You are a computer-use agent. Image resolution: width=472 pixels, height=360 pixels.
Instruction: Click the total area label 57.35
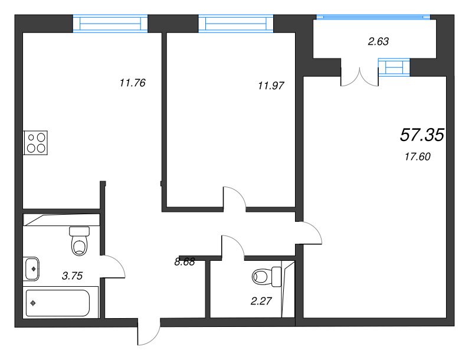[x=421, y=135]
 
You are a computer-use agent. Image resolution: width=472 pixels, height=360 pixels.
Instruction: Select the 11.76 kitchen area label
[x=132, y=83]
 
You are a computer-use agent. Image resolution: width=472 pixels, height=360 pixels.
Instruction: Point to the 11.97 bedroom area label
[x=271, y=85]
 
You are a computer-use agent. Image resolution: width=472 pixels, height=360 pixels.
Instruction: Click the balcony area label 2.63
[x=379, y=41]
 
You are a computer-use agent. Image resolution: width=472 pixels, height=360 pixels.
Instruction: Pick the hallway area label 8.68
[x=185, y=262]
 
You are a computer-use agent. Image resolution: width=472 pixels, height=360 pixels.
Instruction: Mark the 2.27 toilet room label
[x=261, y=302]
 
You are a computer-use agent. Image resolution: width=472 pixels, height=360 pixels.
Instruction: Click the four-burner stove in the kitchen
[x=35, y=142]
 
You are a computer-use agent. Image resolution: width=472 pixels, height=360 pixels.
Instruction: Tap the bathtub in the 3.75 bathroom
[x=57, y=303]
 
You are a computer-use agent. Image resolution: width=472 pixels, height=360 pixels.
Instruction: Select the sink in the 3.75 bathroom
[x=32, y=269]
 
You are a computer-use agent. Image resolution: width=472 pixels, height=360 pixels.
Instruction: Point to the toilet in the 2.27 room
[x=265, y=275]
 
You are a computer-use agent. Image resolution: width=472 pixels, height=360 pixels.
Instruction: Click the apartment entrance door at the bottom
[x=148, y=334]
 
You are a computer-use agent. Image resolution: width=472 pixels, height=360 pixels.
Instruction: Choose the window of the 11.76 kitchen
[x=110, y=23]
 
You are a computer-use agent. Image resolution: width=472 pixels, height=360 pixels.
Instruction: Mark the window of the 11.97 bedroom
[x=237, y=23]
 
